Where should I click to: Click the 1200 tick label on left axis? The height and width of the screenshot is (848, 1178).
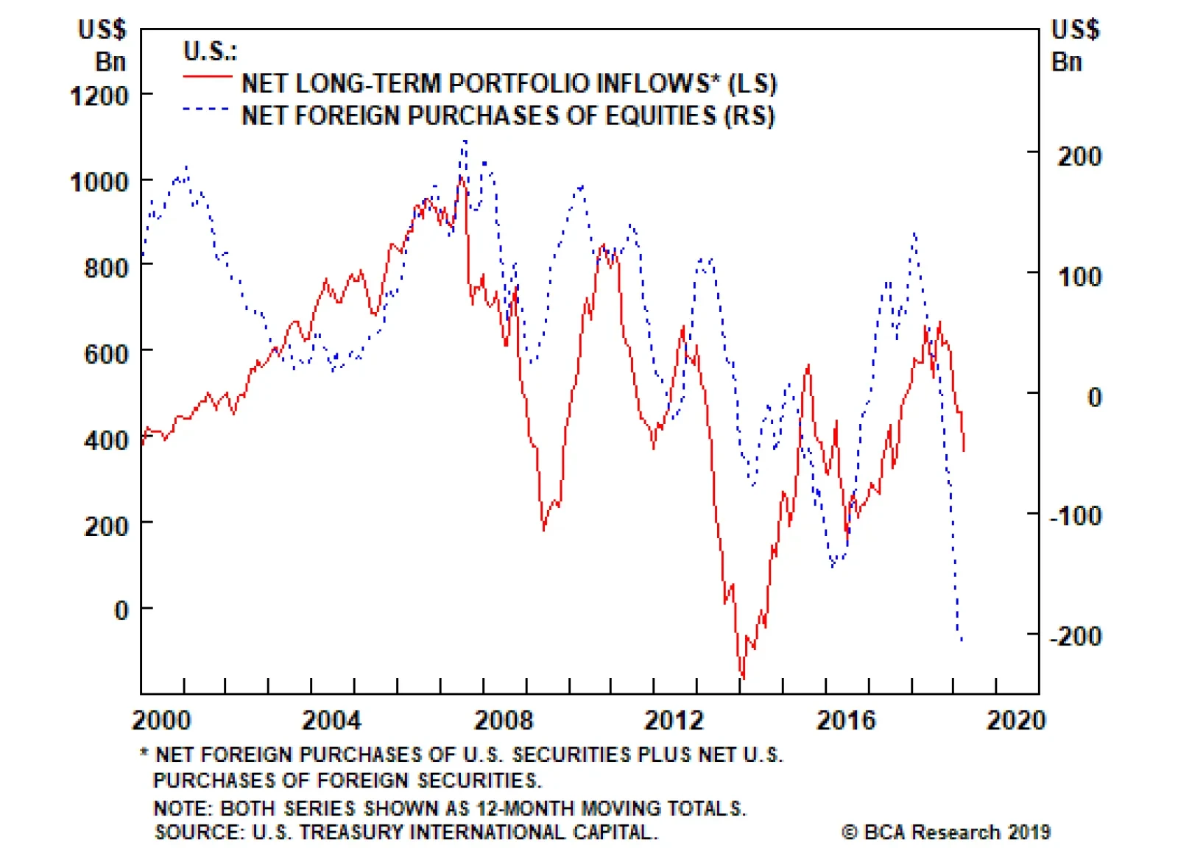(99, 96)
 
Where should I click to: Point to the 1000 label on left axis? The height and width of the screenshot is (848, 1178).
(99, 182)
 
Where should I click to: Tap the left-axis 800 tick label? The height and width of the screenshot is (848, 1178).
(106, 268)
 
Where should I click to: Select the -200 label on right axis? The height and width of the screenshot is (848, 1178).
(1076, 635)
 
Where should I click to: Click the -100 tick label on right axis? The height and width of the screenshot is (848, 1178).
(1076, 515)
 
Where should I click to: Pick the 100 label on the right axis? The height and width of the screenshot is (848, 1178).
(1079, 277)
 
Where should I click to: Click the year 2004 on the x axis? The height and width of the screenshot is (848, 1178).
(331, 720)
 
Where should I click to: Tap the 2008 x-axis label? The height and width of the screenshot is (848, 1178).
(503, 720)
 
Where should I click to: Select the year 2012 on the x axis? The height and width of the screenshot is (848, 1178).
(674, 720)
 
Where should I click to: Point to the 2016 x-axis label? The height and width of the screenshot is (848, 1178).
(845, 720)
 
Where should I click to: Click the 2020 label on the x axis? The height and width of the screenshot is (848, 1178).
(1016, 720)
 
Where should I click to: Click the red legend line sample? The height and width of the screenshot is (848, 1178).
(207, 76)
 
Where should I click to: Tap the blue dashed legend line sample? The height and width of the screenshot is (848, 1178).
(207, 109)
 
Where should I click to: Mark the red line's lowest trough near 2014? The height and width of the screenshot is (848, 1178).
(742, 677)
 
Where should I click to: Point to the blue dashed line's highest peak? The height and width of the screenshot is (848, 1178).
(465, 141)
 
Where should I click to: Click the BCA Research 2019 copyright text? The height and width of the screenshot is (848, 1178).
(946, 832)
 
